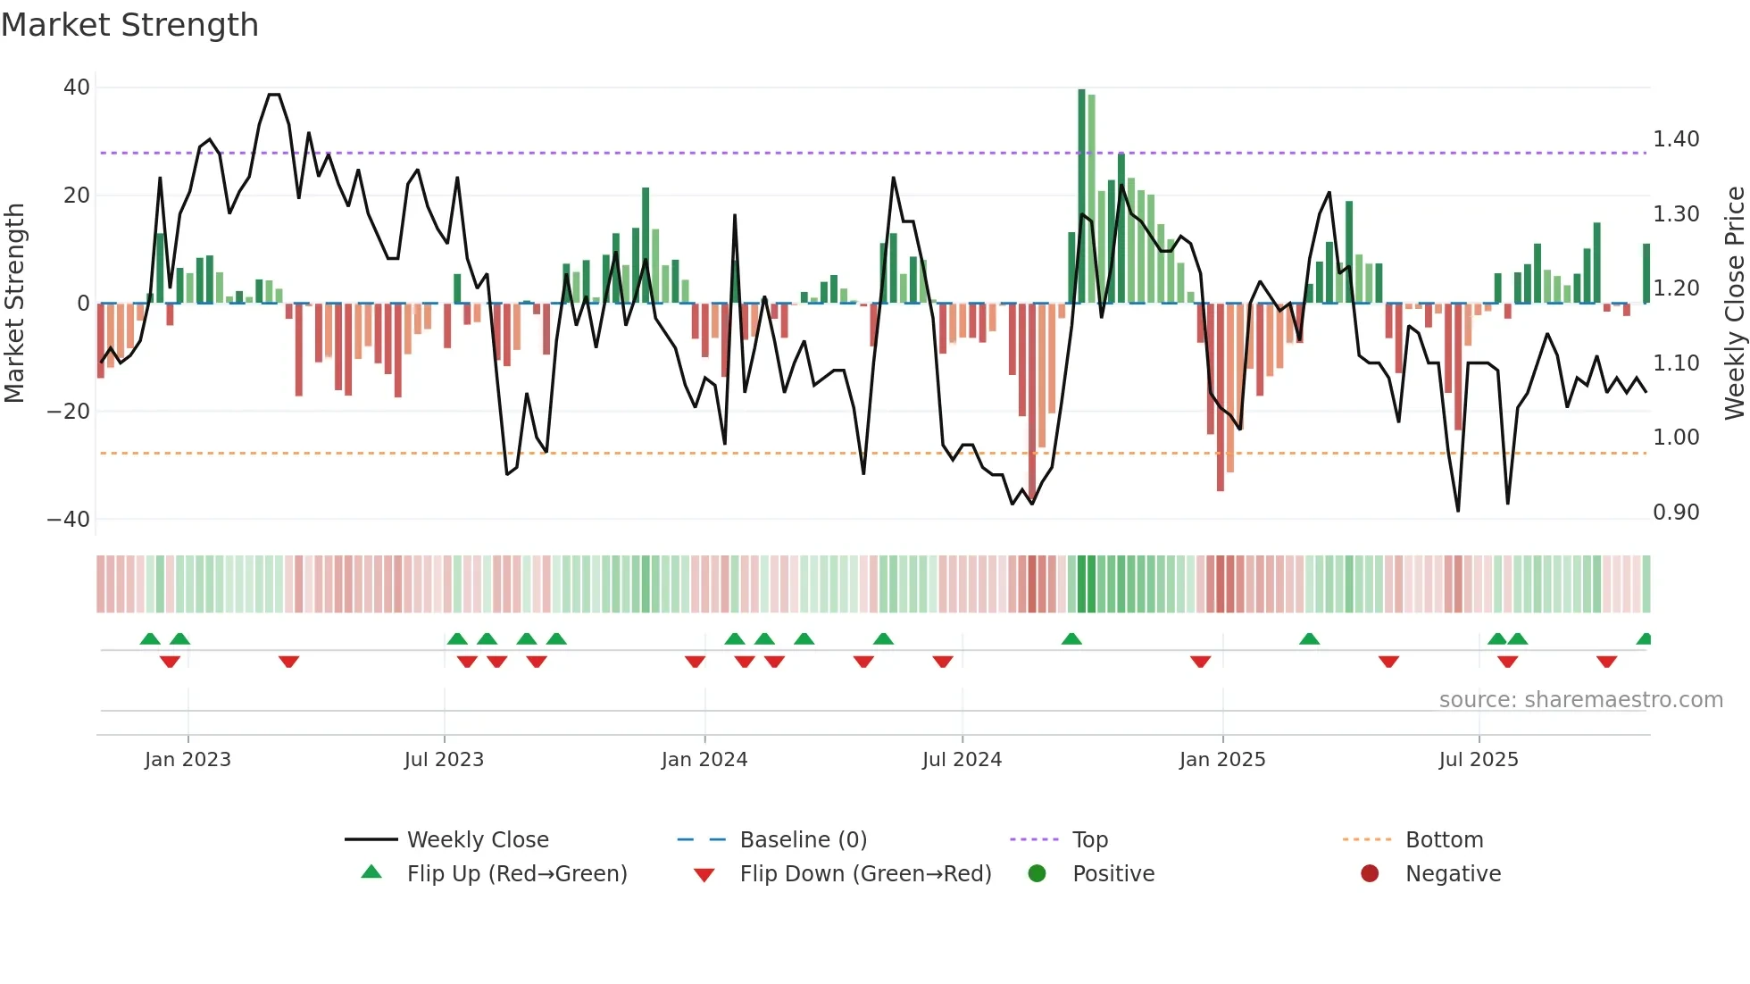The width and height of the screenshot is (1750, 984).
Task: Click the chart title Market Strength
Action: point(129,25)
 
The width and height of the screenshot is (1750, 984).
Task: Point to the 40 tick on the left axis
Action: point(77,88)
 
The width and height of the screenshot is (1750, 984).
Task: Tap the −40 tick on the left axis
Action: point(69,520)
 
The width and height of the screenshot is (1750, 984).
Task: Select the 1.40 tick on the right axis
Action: point(1676,139)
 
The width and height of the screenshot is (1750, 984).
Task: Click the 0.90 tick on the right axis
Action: point(1676,513)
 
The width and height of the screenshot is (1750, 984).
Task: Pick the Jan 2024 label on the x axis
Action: point(704,760)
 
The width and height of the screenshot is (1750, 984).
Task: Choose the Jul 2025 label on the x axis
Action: point(1478,760)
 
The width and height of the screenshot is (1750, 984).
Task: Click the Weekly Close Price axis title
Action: point(1734,304)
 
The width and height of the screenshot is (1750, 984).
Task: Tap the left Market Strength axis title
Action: point(14,304)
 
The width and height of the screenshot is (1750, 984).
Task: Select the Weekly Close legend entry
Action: point(478,840)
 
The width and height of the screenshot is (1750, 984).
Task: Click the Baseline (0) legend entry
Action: point(803,840)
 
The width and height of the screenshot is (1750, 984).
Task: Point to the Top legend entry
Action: point(1089,840)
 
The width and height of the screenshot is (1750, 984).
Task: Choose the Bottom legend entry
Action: point(1444,840)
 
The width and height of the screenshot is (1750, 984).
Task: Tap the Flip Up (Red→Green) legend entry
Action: point(516,874)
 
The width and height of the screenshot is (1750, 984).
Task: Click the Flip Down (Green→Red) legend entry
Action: point(865,874)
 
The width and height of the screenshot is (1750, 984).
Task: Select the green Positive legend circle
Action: point(1037,873)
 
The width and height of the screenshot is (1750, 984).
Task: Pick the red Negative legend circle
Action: point(1370,873)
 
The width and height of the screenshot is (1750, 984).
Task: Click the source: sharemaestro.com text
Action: point(1580,700)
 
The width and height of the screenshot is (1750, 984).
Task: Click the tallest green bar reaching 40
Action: point(1081,196)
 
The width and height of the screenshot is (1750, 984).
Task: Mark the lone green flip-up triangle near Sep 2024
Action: point(1071,639)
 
